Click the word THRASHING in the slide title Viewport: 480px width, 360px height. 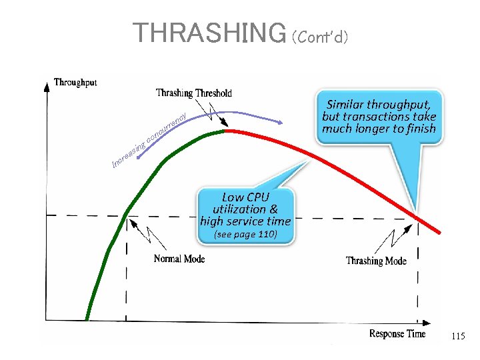point(209,32)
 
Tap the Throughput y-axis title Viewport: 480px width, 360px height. point(75,82)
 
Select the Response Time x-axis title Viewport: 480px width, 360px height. point(397,333)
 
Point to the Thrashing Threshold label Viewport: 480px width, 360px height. point(194,93)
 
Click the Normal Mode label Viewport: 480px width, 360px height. point(179,259)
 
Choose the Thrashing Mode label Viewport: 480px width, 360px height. point(376,261)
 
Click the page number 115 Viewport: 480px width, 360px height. point(458,337)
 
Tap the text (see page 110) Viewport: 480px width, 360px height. point(245,235)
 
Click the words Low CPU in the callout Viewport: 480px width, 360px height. point(245,197)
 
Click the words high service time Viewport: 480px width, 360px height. point(245,221)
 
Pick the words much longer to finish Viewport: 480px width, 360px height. point(379,129)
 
